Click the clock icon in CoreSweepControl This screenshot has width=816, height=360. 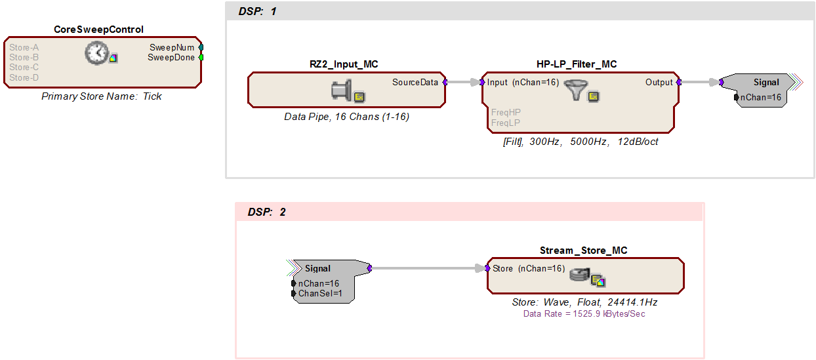[96, 53]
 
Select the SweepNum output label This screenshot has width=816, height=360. [172, 47]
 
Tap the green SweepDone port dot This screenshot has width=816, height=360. [201, 58]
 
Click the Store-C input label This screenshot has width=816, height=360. [24, 68]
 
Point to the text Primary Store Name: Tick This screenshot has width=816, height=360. [101, 96]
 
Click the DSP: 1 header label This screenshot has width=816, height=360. [257, 11]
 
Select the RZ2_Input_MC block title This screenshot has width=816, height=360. [344, 64]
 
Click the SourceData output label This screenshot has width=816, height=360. [415, 82]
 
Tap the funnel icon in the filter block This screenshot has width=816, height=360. [575, 90]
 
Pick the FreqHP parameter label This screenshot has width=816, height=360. [506, 112]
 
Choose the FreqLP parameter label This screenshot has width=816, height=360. [505, 123]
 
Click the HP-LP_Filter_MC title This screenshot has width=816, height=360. [577, 64]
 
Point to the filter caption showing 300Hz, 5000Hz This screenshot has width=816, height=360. [581, 142]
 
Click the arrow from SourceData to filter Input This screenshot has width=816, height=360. [463, 82]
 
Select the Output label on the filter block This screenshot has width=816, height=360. [659, 82]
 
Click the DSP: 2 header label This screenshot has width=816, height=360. [266, 212]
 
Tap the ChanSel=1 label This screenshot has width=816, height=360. [320, 293]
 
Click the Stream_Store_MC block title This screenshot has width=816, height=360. [583, 250]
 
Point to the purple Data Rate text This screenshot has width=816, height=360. [584, 314]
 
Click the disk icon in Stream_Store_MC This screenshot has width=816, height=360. [580, 275]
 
